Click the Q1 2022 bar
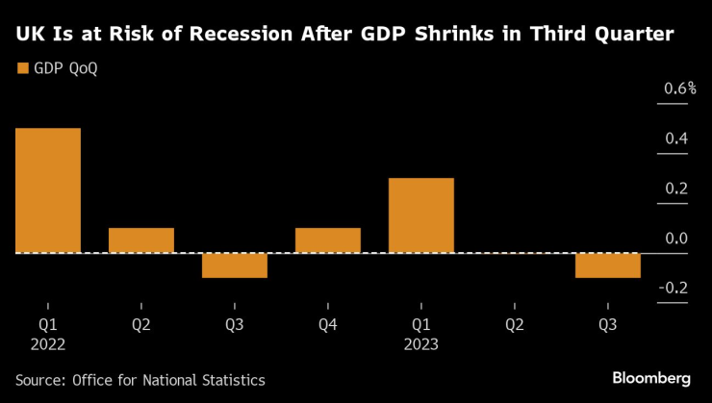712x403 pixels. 47,190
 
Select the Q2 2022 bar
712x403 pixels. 140,240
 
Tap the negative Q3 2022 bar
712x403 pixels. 234,265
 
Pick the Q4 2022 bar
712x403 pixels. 327,240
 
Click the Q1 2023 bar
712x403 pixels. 420,215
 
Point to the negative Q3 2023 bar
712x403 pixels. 607,265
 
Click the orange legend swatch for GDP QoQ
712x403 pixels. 22,68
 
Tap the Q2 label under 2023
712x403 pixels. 515,325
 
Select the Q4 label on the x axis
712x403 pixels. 327,325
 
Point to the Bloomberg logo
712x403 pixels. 651,379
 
